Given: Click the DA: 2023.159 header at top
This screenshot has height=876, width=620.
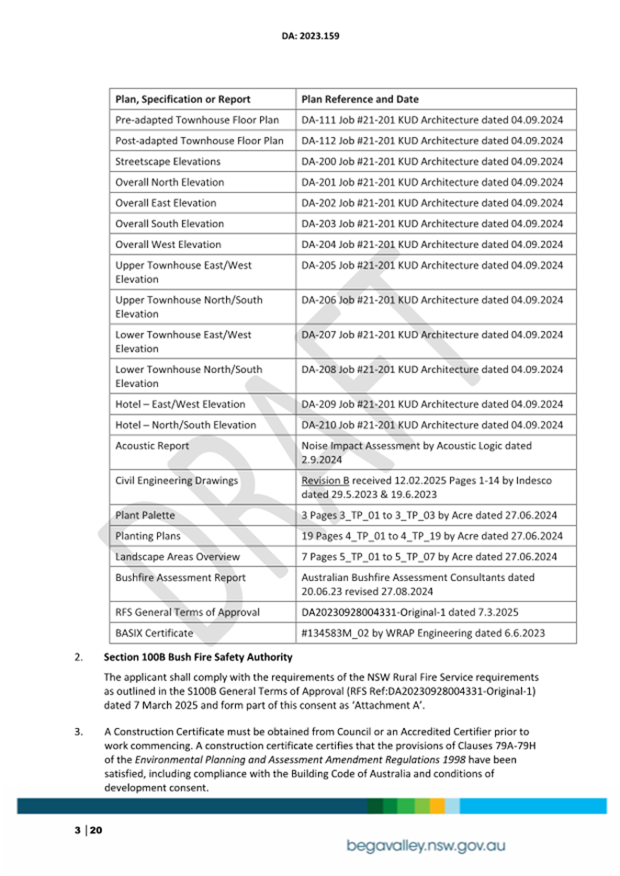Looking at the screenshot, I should point(310,37).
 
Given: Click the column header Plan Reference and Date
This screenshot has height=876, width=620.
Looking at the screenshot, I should point(359,99).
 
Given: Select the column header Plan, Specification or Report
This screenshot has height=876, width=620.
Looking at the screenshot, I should point(183,99).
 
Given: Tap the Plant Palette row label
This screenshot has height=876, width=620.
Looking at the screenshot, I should point(145,516).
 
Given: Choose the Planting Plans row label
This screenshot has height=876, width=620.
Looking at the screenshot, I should point(148,536).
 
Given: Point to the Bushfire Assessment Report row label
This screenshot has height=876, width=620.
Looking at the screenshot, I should point(180,578).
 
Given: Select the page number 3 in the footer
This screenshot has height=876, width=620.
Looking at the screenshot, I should point(78,831).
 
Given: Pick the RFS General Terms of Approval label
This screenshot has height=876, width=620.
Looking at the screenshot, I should point(187,612).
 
